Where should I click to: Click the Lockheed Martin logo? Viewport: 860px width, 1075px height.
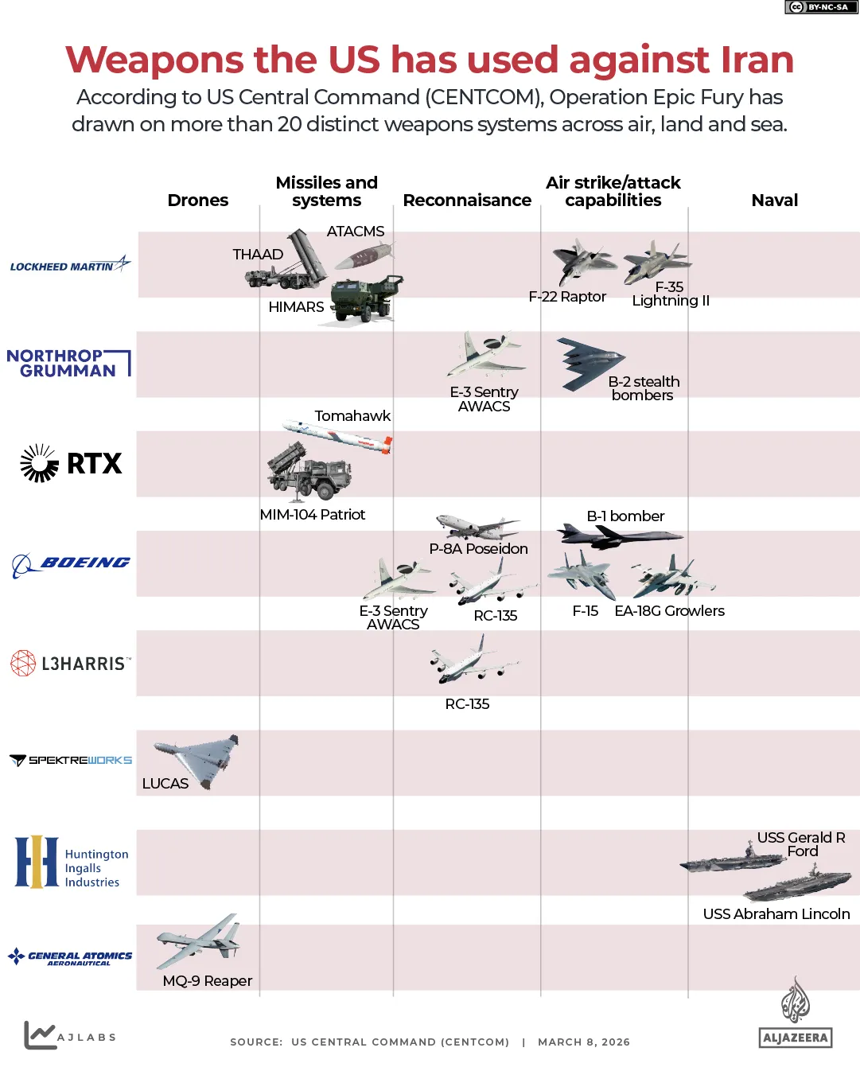click(x=70, y=265)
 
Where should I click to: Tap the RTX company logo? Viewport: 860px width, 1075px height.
click(x=72, y=463)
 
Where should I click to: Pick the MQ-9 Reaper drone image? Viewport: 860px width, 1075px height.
click(x=200, y=941)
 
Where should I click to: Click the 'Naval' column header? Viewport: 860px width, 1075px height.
click(x=774, y=201)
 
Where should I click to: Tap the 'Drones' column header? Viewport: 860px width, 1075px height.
click(x=197, y=201)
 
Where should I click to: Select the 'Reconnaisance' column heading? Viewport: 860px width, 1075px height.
click(x=467, y=201)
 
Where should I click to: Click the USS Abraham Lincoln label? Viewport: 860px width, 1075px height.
click(x=776, y=914)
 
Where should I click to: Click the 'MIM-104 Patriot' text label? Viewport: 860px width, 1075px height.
click(x=312, y=515)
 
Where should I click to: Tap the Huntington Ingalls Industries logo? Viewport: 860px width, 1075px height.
click(x=72, y=862)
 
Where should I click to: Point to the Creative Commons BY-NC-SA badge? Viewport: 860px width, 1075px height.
click(x=821, y=7)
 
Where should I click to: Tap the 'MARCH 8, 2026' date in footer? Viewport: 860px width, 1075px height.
click(x=583, y=1042)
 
